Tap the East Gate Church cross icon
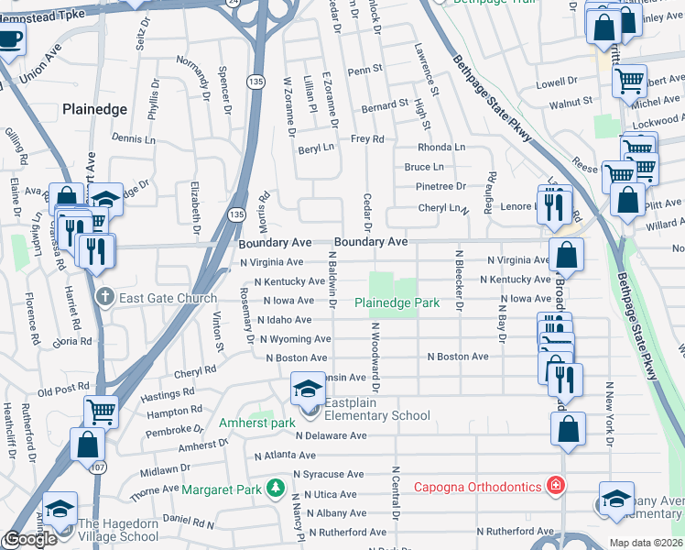pos(106,297)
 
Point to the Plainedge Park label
pos(397,302)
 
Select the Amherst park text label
pos(256,423)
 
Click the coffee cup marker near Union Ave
pos(10,39)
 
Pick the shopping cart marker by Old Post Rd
pos(101,412)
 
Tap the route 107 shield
pos(96,467)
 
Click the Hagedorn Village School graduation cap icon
pos(60,509)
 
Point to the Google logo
pos(29,539)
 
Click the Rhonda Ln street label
pos(441,147)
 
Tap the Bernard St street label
pos(384,105)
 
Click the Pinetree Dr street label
pos(441,186)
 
